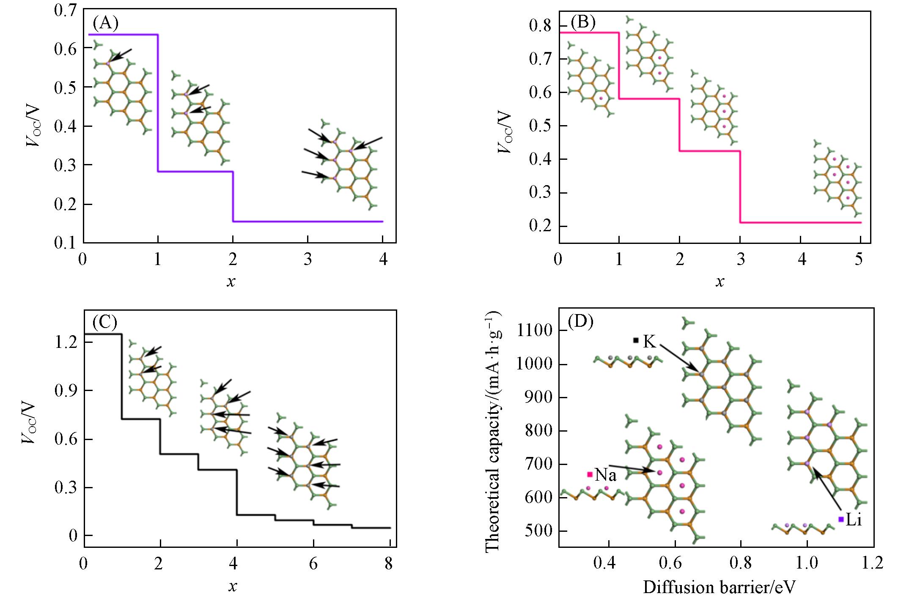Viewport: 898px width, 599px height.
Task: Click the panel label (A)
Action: (105, 24)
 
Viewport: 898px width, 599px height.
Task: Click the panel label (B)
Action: (583, 22)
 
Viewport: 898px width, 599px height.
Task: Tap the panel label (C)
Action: (104, 323)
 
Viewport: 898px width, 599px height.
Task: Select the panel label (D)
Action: (580, 323)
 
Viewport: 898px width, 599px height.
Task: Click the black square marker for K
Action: (636, 340)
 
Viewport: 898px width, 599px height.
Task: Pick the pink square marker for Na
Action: (590, 474)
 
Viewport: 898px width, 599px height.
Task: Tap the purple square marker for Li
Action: (841, 519)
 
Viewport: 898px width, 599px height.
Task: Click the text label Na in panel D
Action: (606, 475)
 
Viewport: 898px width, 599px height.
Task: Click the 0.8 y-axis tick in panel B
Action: (540, 26)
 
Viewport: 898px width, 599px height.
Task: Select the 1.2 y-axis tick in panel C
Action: (66, 342)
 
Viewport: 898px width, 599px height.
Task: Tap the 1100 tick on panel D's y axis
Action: (534, 331)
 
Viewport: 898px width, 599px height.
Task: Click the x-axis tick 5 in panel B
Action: (859, 259)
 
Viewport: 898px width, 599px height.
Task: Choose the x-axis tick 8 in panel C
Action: (389, 564)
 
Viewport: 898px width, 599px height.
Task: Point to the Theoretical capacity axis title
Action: (493, 431)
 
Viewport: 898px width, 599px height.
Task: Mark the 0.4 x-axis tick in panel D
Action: (604, 563)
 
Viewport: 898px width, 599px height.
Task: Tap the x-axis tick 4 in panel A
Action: (383, 259)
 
